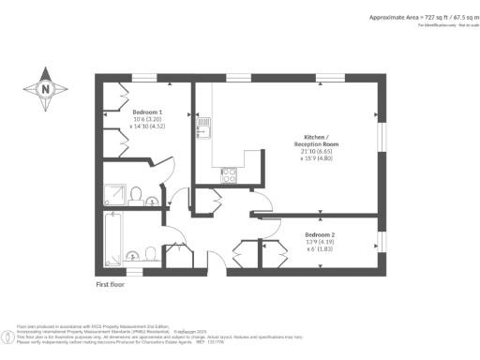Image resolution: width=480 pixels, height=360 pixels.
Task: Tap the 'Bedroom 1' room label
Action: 148,112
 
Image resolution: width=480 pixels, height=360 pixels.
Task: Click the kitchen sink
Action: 201,123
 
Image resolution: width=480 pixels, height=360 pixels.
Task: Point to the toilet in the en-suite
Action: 138,194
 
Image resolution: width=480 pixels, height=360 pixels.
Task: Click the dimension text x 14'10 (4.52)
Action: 148,127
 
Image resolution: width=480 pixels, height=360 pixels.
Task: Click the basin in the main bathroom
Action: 151,254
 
